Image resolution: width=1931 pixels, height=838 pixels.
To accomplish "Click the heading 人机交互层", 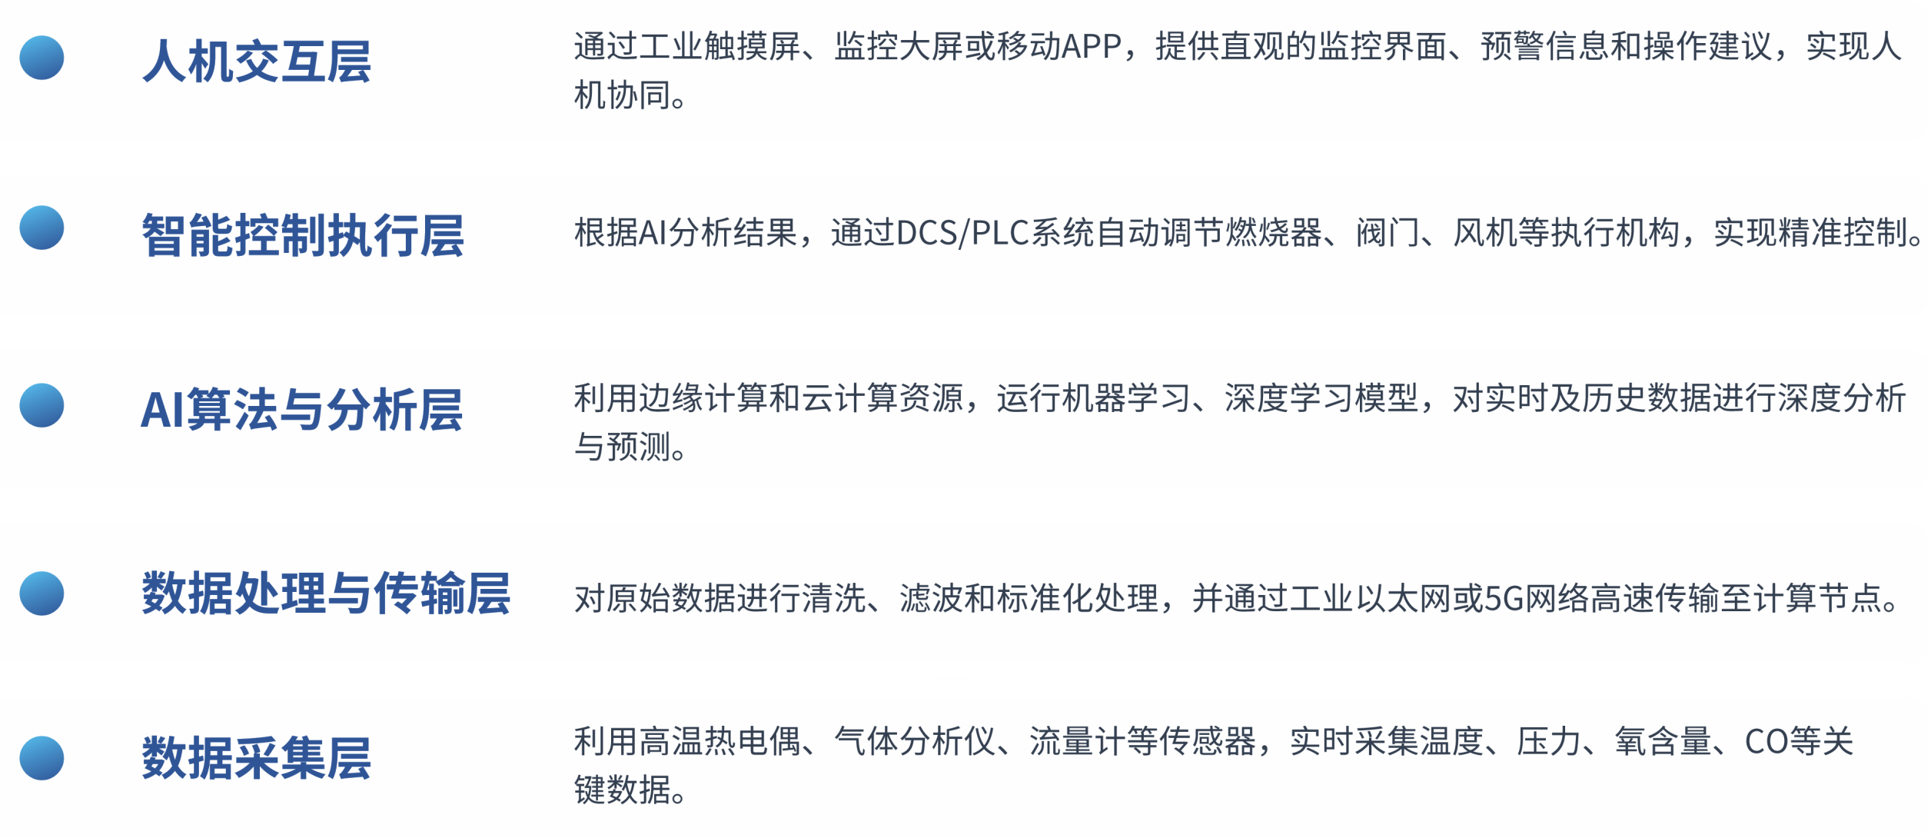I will [x=257, y=62].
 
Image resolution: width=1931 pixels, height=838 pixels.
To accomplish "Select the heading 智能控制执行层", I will [x=303, y=235].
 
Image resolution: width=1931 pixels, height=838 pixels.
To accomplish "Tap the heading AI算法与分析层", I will [x=301, y=410].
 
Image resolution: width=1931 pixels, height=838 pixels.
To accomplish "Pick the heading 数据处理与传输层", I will [x=326, y=594].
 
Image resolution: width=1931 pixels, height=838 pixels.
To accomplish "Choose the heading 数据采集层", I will [x=257, y=758].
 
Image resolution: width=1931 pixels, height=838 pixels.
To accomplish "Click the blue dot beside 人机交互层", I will [x=42, y=58].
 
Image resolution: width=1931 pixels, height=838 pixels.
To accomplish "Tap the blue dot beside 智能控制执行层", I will [x=42, y=228].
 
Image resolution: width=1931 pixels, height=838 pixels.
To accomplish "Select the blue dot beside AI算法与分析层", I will [x=42, y=405].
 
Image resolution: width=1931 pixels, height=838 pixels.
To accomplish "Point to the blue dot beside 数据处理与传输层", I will [x=42, y=594].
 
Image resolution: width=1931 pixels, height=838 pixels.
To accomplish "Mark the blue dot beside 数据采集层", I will [x=42, y=758].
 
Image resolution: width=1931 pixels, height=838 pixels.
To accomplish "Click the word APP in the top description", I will [x=1092, y=47].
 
